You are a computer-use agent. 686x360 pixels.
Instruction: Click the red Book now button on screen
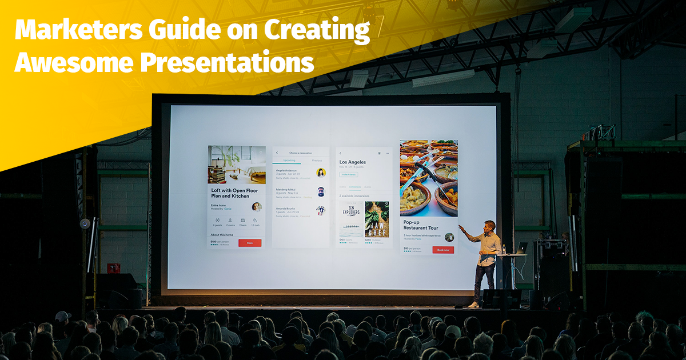point(443,250)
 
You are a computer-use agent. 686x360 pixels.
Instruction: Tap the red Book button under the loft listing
point(249,243)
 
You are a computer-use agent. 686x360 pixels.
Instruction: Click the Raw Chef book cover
point(377,219)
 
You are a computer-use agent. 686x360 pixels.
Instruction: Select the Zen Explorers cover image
point(351,219)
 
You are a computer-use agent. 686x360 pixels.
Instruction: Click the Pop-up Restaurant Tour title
point(424,226)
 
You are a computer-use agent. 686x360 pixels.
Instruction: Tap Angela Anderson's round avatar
point(321,173)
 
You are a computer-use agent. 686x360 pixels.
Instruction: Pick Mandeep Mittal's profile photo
point(321,191)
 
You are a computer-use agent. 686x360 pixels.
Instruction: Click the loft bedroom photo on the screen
point(237,165)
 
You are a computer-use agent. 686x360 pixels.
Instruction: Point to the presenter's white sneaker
point(474,305)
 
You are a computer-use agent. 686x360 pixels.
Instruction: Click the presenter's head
point(489,225)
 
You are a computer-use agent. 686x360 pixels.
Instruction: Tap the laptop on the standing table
point(521,249)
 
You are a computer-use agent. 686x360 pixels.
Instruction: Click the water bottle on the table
point(504,250)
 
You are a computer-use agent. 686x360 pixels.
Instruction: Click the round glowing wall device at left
point(85,223)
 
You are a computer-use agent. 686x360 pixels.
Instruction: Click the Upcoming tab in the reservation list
point(285,161)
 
